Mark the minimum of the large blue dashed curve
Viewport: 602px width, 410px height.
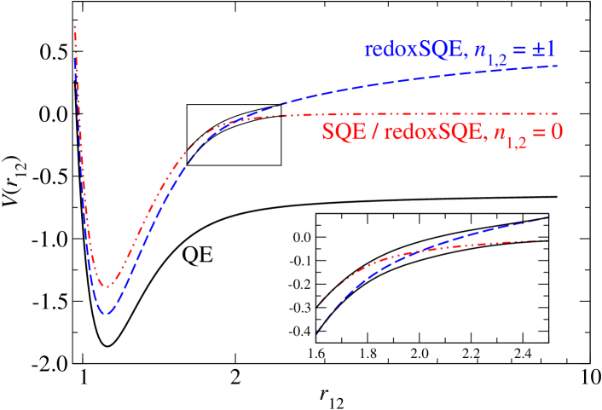[105, 315]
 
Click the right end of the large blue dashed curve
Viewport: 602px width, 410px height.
[558, 66]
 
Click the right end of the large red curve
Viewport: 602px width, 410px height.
[558, 113]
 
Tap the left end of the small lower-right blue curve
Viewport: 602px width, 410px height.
[317, 333]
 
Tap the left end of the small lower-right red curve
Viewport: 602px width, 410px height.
[320, 303]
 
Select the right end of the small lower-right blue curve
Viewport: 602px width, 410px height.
[547, 218]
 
